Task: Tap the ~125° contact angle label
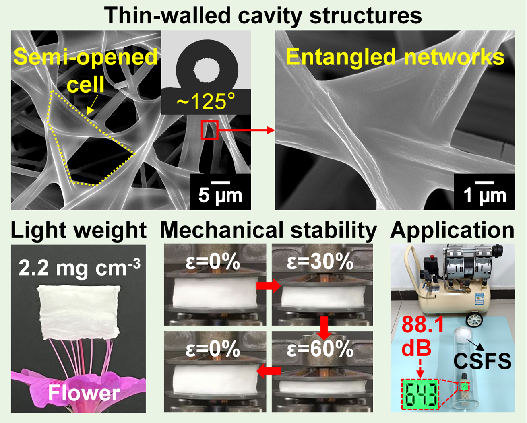206,101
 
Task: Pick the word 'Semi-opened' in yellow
85,57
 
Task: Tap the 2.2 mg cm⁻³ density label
79,268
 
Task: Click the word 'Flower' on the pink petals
84,393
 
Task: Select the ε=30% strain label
320,262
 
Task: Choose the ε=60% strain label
320,350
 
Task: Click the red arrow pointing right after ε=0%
269,285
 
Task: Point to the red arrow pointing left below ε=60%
269,371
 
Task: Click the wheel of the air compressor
474,320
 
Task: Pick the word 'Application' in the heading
452,231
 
